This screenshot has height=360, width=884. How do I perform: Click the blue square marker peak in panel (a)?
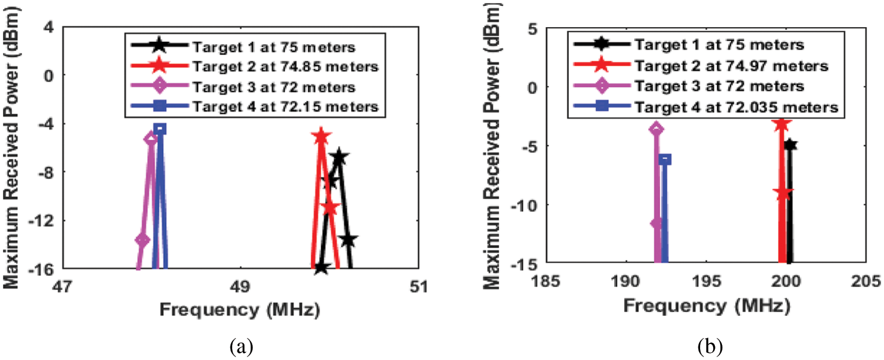(x=159, y=128)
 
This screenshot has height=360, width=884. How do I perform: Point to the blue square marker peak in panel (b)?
(x=665, y=159)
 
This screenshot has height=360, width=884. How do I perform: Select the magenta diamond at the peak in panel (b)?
(x=657, y=129)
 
